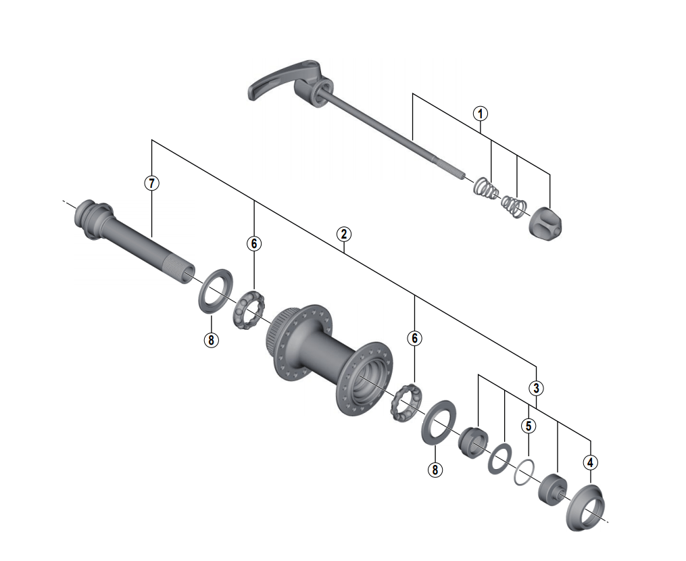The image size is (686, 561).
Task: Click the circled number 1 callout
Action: point(480,114)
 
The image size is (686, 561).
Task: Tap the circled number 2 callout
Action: point(344,235)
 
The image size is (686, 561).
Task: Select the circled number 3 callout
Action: point(536,388)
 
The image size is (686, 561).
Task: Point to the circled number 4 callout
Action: point(591,463)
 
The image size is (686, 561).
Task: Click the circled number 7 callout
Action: point(152,182)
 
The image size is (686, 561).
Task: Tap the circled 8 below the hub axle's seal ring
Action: point(211,340)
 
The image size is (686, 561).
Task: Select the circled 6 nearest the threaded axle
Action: point(253,243)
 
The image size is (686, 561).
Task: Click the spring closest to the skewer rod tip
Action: point(485,186)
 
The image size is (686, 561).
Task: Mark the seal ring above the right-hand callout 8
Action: point(438,422)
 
